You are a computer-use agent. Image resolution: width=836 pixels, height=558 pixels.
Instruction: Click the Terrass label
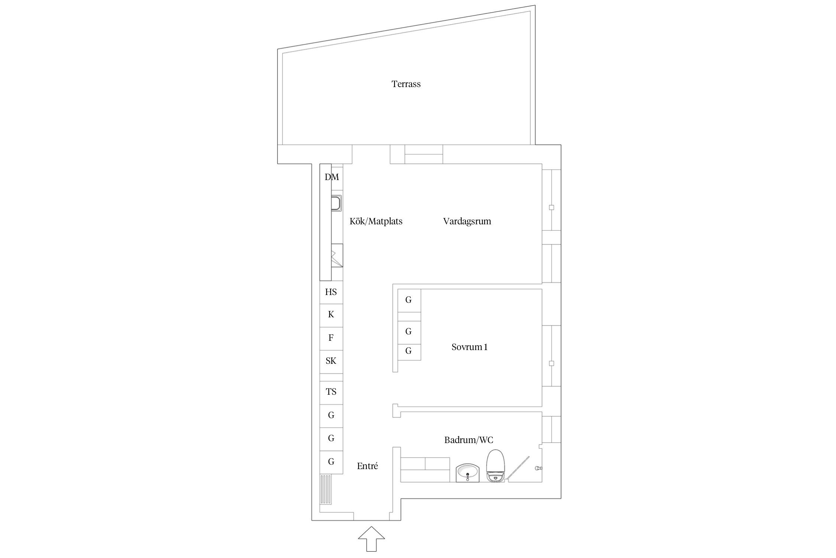(406, 84)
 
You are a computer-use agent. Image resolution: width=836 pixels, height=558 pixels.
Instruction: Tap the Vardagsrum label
(467, 222)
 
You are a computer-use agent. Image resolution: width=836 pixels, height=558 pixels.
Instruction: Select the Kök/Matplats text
(376, 221)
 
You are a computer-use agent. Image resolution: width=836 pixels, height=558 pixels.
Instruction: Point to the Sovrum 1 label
(469, 347)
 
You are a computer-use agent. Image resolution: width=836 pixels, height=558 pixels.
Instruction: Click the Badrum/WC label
(469, 440)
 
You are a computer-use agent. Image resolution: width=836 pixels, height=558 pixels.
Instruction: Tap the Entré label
(367, 466)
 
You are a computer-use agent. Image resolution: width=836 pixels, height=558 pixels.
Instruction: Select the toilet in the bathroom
(495, 466)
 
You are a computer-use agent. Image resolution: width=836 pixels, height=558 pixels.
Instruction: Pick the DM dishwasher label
(332, 177)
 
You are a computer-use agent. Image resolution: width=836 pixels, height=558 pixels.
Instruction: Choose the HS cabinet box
(331, 292)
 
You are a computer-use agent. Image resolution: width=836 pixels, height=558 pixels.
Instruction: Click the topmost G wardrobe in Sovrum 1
(409, 301)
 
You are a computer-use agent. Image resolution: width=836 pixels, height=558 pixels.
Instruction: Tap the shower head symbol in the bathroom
(538, 468)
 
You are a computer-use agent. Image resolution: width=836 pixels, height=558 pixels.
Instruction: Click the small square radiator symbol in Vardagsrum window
(551, 208)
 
